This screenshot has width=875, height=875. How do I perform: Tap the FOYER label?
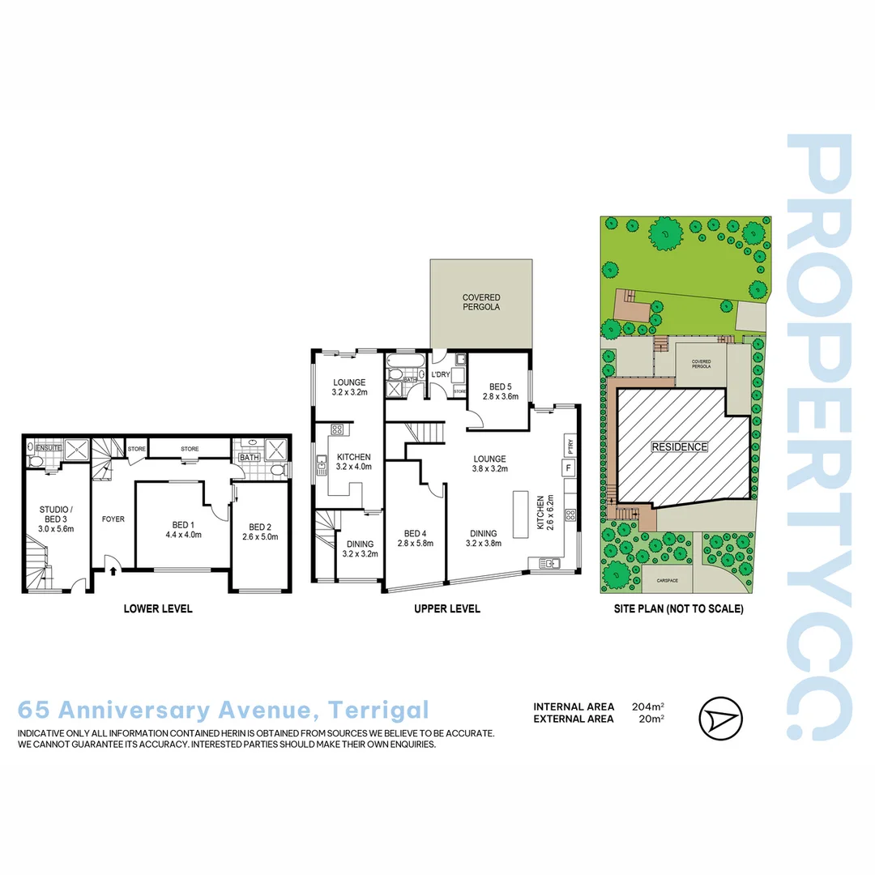pos(113,519)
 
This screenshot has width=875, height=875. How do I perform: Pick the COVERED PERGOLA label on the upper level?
pos(481,303)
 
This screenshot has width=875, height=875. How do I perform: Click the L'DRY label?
pos(441,374)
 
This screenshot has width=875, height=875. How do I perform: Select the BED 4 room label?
pos(415,533)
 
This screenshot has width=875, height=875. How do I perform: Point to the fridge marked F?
pos(569,467)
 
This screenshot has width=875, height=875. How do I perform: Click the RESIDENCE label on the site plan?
pos(680,446)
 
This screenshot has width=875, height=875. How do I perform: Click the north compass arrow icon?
pos(719,718)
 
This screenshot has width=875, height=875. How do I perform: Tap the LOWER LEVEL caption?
pos(158,608)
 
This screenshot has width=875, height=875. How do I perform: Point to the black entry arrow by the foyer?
pos(113,571)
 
